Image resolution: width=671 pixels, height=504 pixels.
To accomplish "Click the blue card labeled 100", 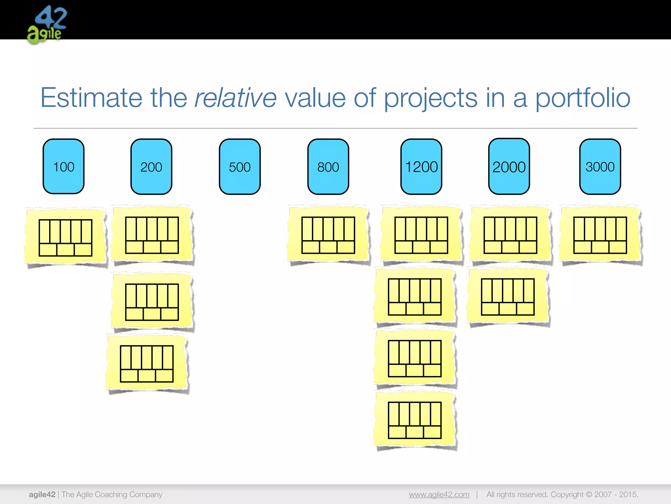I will click(x=64, y=166).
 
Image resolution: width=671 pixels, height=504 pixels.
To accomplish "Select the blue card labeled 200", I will click(x=151, y=167).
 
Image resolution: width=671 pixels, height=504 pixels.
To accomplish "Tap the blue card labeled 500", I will click(x=240, y=167).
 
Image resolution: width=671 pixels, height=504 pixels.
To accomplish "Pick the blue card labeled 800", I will click(x=328, y=167).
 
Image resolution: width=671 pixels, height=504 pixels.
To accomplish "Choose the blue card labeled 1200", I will click(x=421, y=167).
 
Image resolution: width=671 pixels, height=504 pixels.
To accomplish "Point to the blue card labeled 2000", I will click(x=509, y=166).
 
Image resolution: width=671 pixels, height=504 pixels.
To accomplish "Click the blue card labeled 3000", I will click(x=600, y=167).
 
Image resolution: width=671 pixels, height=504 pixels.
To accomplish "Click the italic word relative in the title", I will click(x=235, y=98).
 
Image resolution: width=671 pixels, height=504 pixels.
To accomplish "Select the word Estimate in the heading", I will click(x=91, y=98).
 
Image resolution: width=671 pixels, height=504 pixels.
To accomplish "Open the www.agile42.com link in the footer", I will click(x=439, y=494).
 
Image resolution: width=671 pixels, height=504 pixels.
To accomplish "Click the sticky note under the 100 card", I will click(x=66, y=237).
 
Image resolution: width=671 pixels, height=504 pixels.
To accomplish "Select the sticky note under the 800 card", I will click(x=328, y=235).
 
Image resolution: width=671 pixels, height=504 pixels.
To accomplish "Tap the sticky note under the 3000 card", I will click(x=600, y=235).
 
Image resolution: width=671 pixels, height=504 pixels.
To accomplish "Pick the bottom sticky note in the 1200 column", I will click(x=415, y=420).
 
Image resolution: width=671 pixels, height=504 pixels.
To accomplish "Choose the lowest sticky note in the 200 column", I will click(x=147, y=364).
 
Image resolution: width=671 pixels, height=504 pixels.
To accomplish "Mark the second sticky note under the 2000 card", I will click(x=508, y=296).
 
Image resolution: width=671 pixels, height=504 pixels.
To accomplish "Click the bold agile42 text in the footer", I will click(x=42, y=494).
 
